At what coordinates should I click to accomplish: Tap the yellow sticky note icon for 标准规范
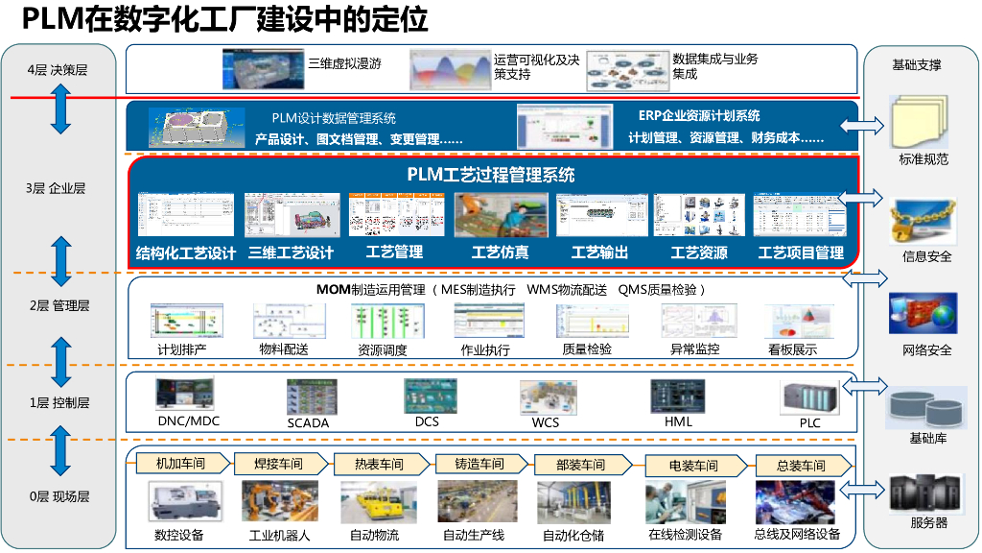click(x=920, y=122)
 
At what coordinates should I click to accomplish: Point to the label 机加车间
click(x=180, y=464)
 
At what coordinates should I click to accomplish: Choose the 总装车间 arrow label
click(x=801, y=466)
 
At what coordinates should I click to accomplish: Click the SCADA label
click(x=308, y=422)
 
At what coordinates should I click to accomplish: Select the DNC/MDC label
click(x=188, y=421)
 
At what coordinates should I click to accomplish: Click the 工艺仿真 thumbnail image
click(x=501, y=215)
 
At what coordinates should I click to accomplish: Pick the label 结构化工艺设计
click(x=186, y=253)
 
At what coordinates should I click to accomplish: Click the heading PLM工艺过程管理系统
click(x=491, y=175)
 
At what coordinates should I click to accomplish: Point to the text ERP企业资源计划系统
click(x=699, y=116)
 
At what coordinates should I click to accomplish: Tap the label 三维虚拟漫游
click(x=344, y=64)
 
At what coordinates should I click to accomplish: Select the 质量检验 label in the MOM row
click(x=587, y=349)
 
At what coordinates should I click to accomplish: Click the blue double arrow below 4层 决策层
click(x=61, y=108)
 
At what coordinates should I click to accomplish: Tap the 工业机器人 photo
click(x=279, y=501)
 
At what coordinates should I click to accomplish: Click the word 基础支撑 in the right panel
click(x=917, y=65)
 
